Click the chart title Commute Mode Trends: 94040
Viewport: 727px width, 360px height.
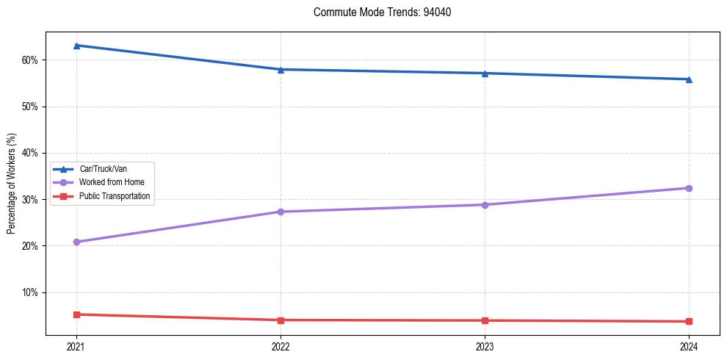coord(377,12)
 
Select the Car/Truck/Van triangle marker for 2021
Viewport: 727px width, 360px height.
coord(76,46)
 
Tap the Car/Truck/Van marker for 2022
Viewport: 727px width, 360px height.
coord(281,69)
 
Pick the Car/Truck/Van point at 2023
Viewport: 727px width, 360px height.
coord(485,73)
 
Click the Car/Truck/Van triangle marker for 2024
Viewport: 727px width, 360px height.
coord(689,79)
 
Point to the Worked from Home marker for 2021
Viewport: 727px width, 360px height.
coord(76,242)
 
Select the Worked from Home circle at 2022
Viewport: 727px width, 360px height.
coord(281,212)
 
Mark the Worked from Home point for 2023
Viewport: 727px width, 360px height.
coord(485,205)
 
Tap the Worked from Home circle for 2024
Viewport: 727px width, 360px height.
coord(689,188)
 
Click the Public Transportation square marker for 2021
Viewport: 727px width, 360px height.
coord(76,314)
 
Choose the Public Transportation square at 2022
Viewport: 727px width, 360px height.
coord(281,320)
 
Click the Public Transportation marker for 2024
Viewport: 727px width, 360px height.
coord(689,322)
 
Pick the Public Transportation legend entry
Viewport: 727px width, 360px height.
coord(115,196)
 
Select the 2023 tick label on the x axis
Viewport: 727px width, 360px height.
coord(485,346)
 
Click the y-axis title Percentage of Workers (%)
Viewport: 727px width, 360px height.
coord(12,184)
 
